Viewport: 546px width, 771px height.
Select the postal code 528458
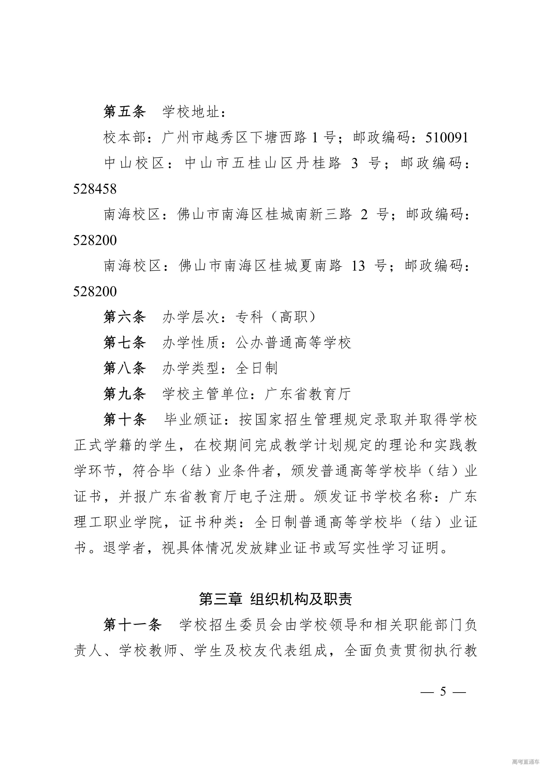95,189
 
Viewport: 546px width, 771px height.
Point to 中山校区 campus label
134,163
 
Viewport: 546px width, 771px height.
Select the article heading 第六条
124,317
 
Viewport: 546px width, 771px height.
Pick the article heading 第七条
124,343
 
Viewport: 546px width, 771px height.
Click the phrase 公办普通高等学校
293,343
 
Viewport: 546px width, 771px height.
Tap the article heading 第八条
124,368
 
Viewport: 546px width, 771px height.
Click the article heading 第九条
124,394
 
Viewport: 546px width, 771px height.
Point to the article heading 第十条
124,420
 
